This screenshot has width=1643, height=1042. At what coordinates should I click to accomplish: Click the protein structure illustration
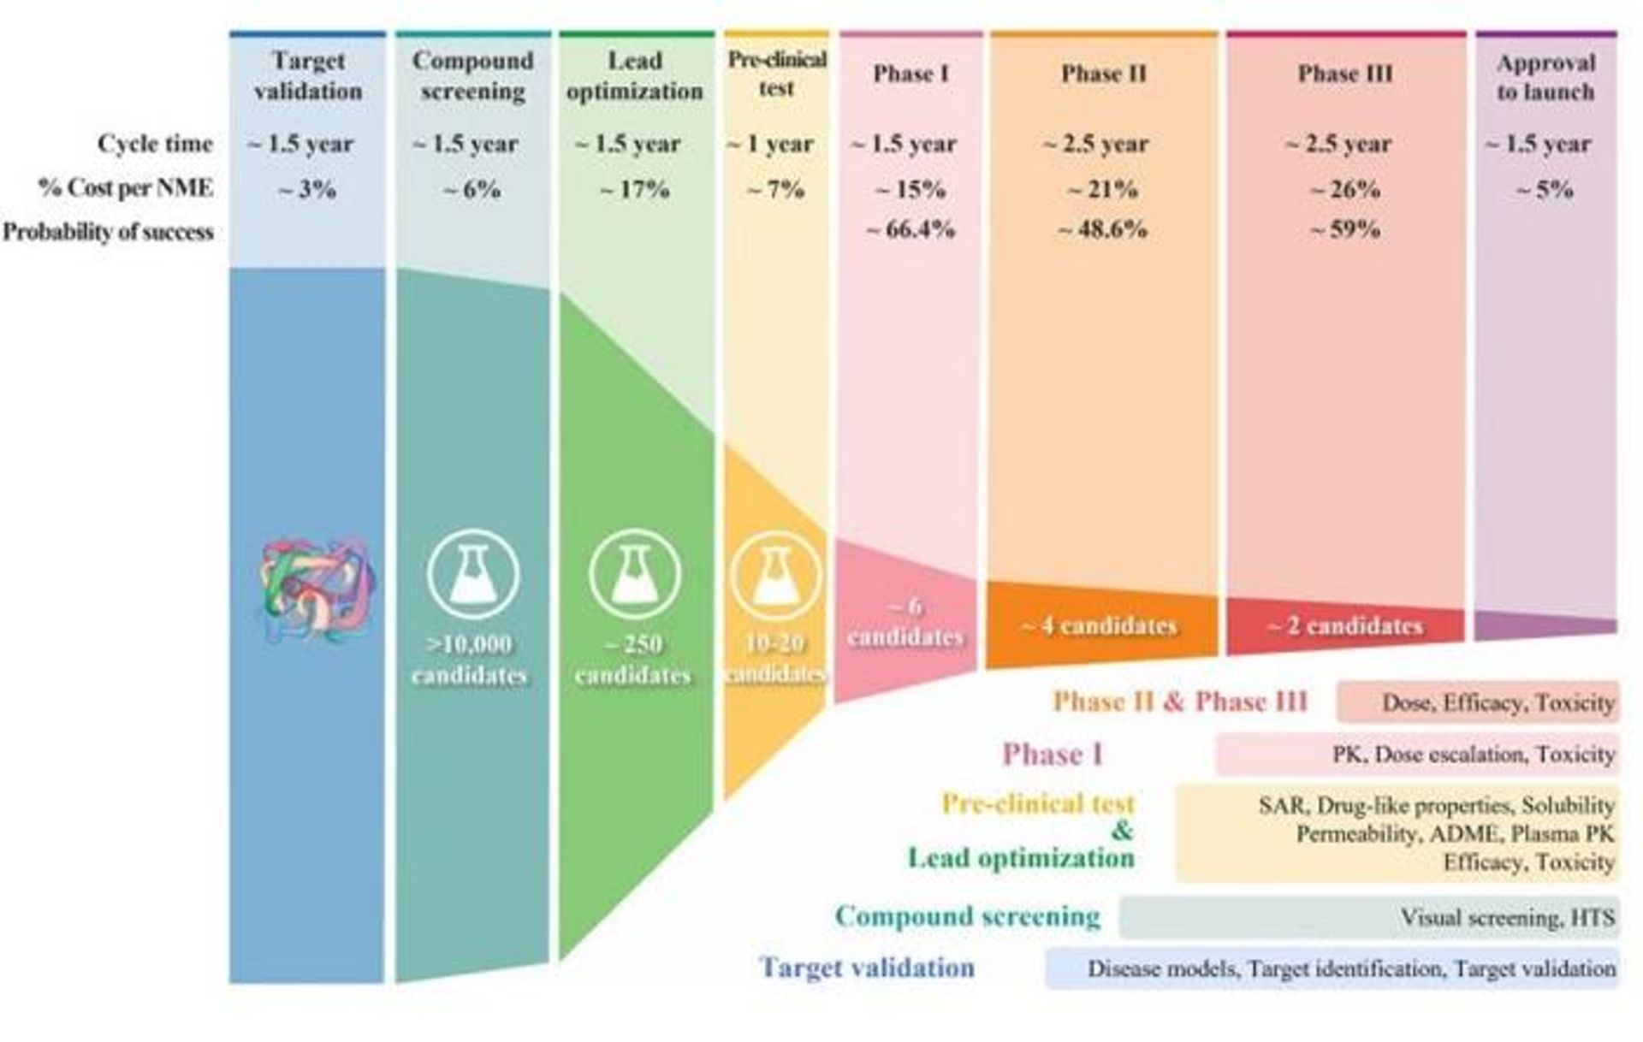[317, 589]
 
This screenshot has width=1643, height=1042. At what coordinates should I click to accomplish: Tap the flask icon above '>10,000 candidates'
[472, 573]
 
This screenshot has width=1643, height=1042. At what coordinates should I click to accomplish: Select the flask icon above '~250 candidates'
[634, 573]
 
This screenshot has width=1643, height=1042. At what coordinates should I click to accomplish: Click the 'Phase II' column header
[1103, 74]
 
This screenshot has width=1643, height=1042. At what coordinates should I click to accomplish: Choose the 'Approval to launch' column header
[1545, 77]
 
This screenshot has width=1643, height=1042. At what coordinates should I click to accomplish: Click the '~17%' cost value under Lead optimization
[634, 189]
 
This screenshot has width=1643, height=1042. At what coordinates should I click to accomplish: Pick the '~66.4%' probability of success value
[910, 230]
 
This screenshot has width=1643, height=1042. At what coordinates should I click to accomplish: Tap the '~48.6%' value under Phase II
[1102, 230]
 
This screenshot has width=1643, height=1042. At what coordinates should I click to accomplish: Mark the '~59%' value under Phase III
[1344, 230]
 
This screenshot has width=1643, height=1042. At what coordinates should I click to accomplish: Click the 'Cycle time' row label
[154, 144]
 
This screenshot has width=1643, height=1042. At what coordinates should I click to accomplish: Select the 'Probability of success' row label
[108, 232]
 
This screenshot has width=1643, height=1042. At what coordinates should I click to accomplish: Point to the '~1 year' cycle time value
[770, 144]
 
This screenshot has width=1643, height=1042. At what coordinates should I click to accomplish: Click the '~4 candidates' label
[1100, 626]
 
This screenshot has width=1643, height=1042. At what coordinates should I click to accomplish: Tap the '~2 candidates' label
[1344, 626]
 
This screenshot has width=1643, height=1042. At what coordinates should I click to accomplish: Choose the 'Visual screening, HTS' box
[1368, 918]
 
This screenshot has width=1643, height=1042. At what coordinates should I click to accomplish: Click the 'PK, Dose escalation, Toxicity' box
[1417, 755]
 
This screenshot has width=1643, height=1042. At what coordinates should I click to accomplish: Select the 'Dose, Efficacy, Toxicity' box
[1478, 702]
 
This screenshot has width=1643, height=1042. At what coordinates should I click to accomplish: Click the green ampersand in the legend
[1121, 830]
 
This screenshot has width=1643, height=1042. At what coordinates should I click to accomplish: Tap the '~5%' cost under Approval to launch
[1545, 189]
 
